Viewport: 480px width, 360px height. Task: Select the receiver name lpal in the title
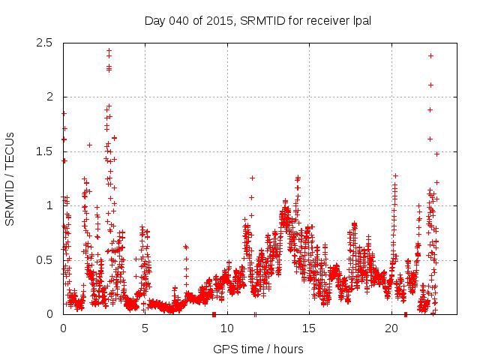pyautogui.click(x=359, y=20)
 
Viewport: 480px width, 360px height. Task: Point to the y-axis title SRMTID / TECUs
pyautogui.click(x=10, y=178)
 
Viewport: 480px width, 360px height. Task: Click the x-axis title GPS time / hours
pyautogui.click(x=258, y=349)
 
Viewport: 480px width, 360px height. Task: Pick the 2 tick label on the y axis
pyautogui.click(x=49, y=97)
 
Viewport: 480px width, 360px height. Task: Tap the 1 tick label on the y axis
pyautogui.click(x=49, y=205)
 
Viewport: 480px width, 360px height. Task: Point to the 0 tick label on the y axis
pyautogui.click(x=49, y=314)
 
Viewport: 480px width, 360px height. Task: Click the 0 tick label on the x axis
pyautogui.click(x=63, y=328)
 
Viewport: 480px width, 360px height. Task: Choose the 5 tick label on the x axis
pyautogui.click(x=145, y=328)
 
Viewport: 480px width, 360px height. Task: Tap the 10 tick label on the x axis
pyautogui.click(x=227, y=328)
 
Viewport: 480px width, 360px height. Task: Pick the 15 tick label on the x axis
pyautogui.click(x=309, y=328)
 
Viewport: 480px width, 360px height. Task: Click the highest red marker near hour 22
pyautogui.click(x=430, y=55)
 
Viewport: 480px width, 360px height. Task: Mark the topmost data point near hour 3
pyautogui.click(x=109, y=51)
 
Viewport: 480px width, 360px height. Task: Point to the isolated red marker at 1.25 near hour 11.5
pyautogui.click(x=252, y=178)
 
